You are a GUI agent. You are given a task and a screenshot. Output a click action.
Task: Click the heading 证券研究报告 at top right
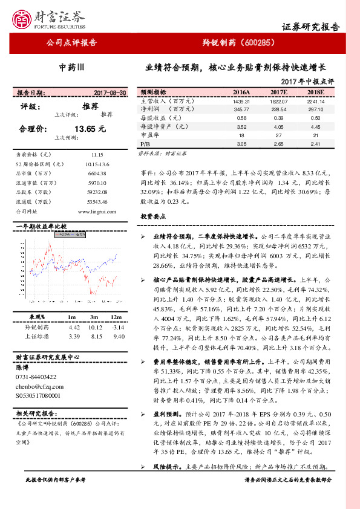(311, 28)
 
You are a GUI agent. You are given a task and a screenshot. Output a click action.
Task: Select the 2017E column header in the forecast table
(279, 92)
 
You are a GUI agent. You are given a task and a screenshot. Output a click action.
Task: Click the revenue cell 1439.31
(241, 101)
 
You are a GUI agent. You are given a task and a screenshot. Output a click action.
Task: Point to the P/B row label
(145, 144)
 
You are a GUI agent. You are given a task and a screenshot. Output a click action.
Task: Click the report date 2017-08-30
(110, 92)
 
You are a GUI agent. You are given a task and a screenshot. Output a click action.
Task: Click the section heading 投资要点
(153, 216)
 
